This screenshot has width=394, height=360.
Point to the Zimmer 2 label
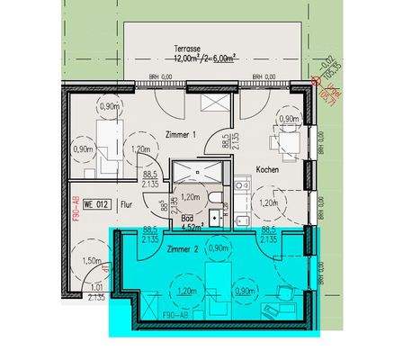[x=182, y=248]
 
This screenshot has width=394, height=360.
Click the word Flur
[x=127, y=204]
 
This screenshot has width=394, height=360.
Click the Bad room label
[x=186, y=219]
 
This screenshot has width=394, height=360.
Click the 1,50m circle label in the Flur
[x=91, y=261]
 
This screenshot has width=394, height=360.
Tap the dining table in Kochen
[x=290, y=140]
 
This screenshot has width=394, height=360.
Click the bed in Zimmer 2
[x=219, y=283]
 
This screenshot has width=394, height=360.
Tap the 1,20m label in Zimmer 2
[x=187, y=292]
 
